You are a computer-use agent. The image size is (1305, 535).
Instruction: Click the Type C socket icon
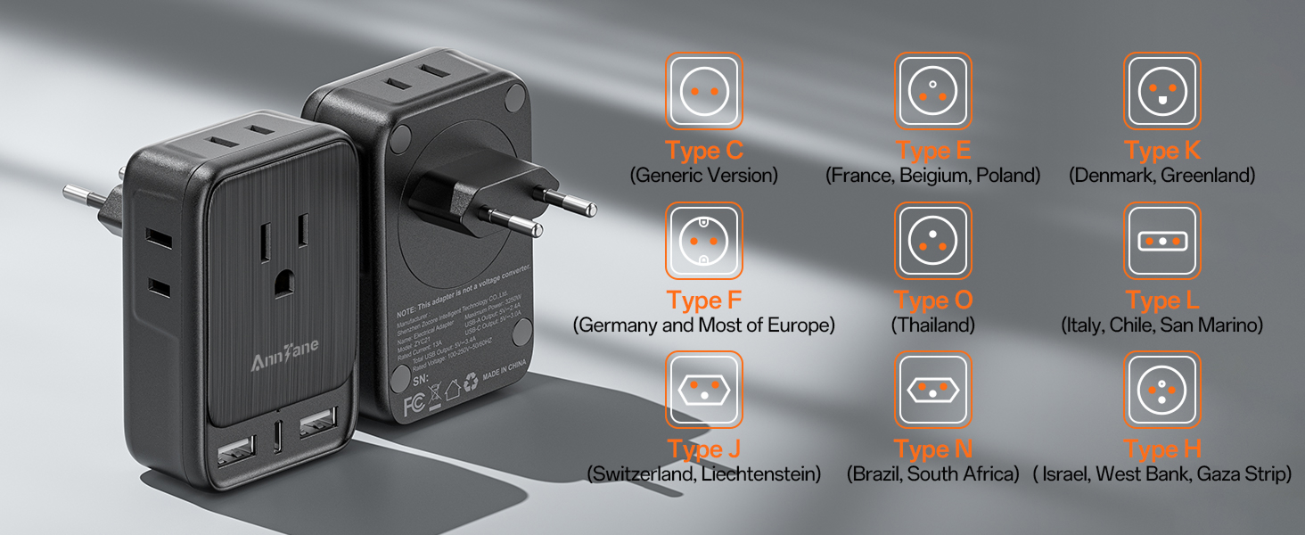pyautogui.click(x=703, y=91)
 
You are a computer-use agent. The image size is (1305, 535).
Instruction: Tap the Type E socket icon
pyautogui.click(x=932, y=91)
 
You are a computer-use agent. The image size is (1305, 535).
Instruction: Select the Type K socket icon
pyautogui.click(x=1161, y=91)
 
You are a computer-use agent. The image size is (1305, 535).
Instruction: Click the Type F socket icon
pyautogui.click(x=703, y=241)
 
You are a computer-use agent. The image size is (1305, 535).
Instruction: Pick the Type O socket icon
pyautogui.click(x=932, y=241)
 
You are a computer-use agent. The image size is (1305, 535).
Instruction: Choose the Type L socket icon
pyautogui.click(x=1161, y=241)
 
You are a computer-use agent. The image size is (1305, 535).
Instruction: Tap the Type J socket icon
pyautogui.click(x=703, y=390)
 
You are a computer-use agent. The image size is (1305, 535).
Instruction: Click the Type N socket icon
pyautogui.click(x=932, y=390)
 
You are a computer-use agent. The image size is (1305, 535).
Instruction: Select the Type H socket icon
pyautogui.click(x=1161, y=390)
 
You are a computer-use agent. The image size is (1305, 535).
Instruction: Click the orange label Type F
pyautogui.click(x=703, y=300)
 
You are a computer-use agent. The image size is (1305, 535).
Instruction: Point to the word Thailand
pyautogui.click(x=932, y=325)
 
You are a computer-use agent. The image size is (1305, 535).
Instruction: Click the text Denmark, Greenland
pyautogui.click(x=1161, y=176)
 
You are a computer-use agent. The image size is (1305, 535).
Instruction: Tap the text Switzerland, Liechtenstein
pyautogui.click(x=703, y=474)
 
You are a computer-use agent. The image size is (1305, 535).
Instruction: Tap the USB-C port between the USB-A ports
pyautogui.click(x=280, y=440)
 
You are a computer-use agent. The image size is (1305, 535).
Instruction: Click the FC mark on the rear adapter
pyautogui.click(x=413, y=404)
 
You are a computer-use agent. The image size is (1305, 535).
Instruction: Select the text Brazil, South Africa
pyautogui.click(x=932, y=474)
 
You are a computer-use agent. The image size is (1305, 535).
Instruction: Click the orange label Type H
pyautogui.click(x=1161, y=449)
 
